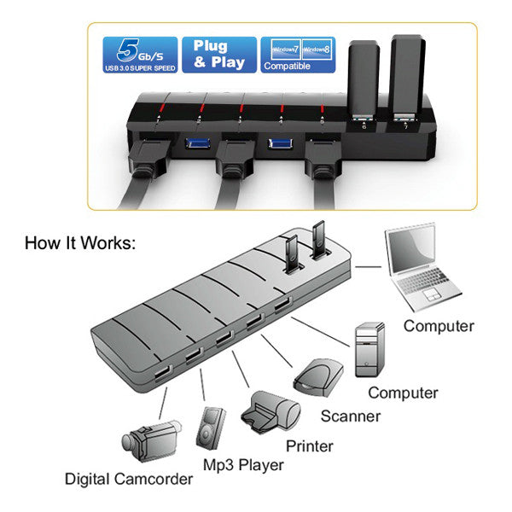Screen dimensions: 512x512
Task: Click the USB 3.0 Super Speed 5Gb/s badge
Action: click(140, 55)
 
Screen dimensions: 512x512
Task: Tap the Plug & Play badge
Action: click(218, 55)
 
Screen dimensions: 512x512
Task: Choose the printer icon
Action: click(272, 412)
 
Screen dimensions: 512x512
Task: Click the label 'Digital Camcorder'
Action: click(128, 479)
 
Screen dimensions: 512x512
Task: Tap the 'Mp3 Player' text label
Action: click(243, 465)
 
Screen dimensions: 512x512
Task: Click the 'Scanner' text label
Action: click(351, 416)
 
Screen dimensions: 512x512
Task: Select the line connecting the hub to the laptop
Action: click(369, 267)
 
